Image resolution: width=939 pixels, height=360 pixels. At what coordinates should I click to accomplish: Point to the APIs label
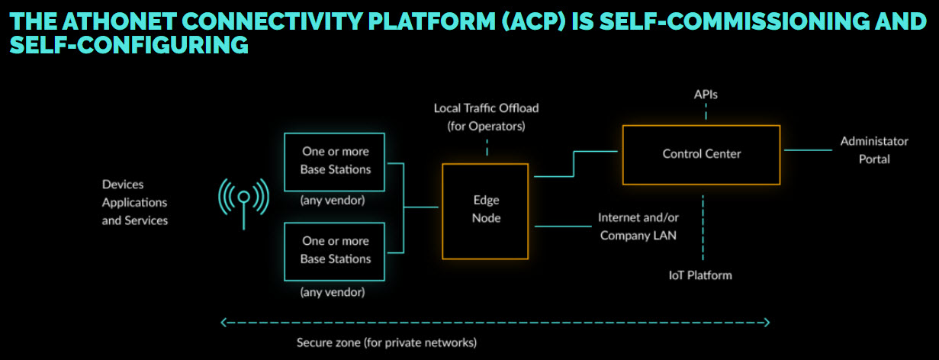click(706, 95)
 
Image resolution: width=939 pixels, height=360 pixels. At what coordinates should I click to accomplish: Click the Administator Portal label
click(874, 150)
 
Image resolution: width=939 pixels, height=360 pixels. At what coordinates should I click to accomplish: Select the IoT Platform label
click(700, 275)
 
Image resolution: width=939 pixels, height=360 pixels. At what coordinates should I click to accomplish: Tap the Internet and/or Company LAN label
click(638, 227)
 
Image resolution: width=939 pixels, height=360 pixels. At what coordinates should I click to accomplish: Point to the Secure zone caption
click(387, 342)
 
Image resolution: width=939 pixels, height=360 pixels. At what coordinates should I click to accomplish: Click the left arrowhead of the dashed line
click(223, 323)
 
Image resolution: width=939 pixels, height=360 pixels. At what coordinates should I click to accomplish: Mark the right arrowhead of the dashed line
click(767, 323)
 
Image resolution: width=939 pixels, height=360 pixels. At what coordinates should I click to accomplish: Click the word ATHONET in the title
click(120, 21)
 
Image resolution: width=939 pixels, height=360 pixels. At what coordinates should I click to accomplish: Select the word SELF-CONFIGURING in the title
click(129, 45)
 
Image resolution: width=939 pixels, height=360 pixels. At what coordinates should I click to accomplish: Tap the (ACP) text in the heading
click(534, 21)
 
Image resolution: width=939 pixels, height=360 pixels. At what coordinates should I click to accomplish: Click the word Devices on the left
click(122, 185)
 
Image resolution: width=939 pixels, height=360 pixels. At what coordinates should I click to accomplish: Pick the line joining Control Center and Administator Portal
click(808, 150)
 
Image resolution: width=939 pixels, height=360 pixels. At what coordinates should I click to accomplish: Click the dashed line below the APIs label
click(706, 111)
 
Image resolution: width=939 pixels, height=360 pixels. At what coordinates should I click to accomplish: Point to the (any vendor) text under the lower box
click(333, 292)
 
